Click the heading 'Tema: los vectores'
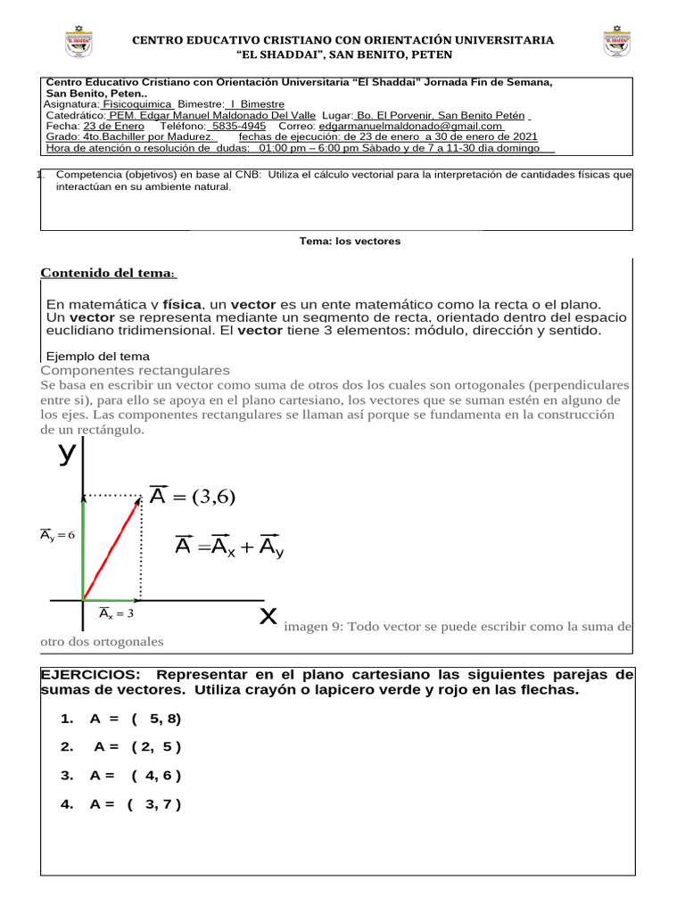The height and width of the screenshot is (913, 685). (350, 242)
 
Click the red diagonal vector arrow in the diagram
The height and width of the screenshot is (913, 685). (112, 547)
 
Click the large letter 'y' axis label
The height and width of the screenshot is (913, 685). (67, 453)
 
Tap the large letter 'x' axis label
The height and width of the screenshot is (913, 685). (268, 615)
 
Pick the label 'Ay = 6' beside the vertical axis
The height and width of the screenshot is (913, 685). (57, 535)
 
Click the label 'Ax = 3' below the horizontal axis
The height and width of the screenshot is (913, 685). (116, 613)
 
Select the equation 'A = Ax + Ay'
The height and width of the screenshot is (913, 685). (229, 547)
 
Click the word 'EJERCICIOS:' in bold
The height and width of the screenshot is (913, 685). (91, 674)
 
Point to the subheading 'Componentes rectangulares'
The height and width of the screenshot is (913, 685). (136, 370)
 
